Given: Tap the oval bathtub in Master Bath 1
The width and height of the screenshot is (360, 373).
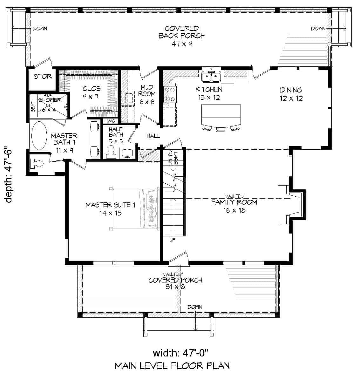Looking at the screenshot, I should click(40, 135).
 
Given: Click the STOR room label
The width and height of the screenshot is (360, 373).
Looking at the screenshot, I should click(43, 77).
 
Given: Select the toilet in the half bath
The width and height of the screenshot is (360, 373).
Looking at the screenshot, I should click(111, 152).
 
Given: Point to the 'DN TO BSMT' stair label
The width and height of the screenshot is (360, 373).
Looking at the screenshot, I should click(173, 158).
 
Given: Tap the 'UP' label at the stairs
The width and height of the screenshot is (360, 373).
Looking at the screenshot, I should click(173, 240).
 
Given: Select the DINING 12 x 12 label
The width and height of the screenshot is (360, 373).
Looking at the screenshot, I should click(291, 94).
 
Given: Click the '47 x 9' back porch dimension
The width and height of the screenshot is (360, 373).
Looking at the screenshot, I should click(182, 44).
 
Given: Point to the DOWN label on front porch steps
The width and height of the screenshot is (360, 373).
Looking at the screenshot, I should click(194, 307).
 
